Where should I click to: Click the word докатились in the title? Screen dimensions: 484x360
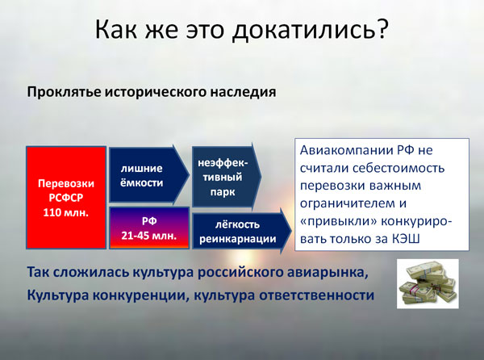pos(304,30)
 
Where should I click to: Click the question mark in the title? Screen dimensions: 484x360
pos(382,28)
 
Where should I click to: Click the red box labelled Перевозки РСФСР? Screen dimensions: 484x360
pos(66,198)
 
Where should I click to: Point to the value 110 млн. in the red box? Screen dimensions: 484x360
pos(66,212)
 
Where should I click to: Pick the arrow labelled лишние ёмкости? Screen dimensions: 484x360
pos(149,175)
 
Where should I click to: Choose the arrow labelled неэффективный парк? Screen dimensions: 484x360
pos(227,177)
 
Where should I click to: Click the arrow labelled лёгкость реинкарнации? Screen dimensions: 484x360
pos(242,231)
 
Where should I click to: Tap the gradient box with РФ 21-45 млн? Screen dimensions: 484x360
pos(149,228)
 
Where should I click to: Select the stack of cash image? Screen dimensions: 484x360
pos(428,283)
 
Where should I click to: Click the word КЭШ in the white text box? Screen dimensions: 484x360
pos(406,239)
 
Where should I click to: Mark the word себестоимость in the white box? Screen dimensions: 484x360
pos(398,168)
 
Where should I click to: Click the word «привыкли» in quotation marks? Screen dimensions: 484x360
pos(338,221)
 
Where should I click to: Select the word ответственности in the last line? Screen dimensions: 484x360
pos(317,295)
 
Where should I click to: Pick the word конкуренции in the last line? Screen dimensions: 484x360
pos(140,295)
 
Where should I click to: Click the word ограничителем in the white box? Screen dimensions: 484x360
pos(347,203)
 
